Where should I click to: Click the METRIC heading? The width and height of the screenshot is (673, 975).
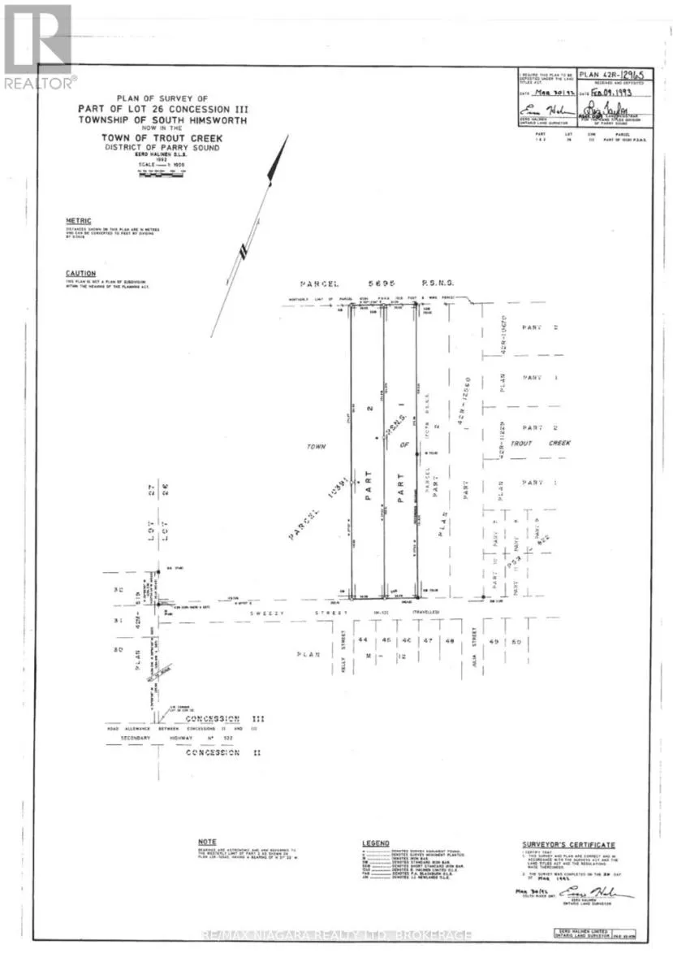pyautogui.click(x=79, y=221)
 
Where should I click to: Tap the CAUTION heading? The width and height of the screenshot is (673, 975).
pyautogui.click(x=80, y=273)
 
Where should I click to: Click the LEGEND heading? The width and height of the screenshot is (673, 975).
pyautogui.click(x=376, y=843)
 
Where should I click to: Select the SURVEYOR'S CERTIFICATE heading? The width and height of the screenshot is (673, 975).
pyautogui.click(x=568, y=845)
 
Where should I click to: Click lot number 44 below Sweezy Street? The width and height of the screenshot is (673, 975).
pyautogui.click(x=363, y=639)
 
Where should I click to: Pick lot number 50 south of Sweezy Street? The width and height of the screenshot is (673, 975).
pyautogui.click(x=514, y=643)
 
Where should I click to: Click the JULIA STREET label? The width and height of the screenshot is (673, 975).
pyautogui.click(x=472, y=642)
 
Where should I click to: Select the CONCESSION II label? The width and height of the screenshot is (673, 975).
pyautogui.click(x=213, y=753)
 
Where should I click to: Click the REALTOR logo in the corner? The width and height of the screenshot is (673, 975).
pyautogui.click(x=39, y=45)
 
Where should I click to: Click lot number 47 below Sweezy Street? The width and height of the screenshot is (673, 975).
pyautogui.click(x=427, y=640)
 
